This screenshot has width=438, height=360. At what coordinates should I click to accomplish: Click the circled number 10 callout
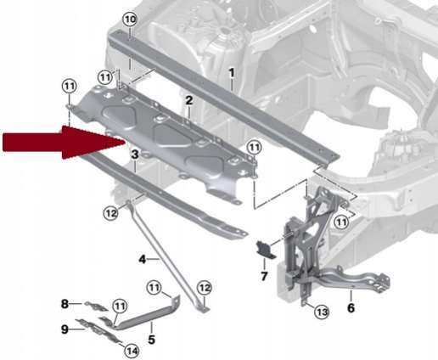[130, 20]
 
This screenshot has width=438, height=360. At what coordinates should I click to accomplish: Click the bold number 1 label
[232, 73]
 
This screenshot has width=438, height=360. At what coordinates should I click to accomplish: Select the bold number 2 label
[189, 100]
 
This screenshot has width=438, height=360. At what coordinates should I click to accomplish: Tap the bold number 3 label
[135, 155]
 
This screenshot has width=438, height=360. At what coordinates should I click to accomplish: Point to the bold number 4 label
[143, 259]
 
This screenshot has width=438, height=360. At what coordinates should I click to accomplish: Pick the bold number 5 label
[151, 340]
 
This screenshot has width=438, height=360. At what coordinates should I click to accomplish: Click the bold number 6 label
[351, 308]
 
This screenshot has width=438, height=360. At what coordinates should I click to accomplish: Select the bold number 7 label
[264, 276]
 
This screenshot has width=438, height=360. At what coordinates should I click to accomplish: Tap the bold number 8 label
[65, 304]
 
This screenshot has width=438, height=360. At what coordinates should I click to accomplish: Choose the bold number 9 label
[65, 329]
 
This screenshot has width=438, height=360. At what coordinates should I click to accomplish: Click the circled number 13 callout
[323, 312]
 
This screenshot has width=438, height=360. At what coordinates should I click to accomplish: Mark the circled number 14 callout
[132, 352]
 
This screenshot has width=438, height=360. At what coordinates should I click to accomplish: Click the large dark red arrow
[65, 142]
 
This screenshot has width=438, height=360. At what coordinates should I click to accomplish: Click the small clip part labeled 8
[96, 306]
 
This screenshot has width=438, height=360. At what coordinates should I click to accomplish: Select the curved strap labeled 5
[147, 314]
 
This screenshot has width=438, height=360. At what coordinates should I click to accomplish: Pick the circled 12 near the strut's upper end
[110, 213]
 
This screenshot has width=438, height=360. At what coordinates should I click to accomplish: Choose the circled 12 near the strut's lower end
[205, 288]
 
